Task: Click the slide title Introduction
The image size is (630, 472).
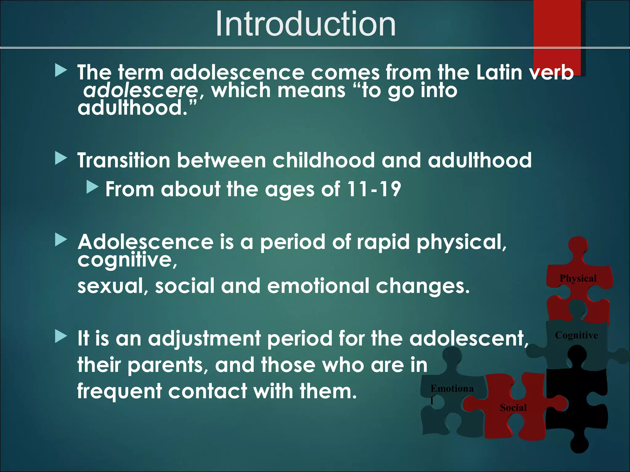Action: pyautogui.click(x=305, y=24)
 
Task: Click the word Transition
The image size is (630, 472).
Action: pyautogui.click(x=124, y=160)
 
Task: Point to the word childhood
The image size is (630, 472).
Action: pyautogui.click(x=324, y=160)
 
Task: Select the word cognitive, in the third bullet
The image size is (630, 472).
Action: pyautogui.click(x=127, y=260)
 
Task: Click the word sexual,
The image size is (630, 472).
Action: pyautogui.click(x=113, y=286)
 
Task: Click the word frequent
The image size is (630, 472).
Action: pyautogui.click(x=119, y=391)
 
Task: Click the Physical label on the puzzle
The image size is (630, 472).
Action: pyautogui.click(x=578, y=278)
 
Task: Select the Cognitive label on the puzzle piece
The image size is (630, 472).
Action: pyautogui.click(x=576, y=335)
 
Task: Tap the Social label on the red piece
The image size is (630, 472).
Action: pyautogui.click(x=513, y=408)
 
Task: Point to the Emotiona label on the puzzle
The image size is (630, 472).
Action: pyautogui.click(x=452, y=389)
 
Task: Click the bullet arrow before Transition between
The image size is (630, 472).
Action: pyautogui.click(x=61, y=159)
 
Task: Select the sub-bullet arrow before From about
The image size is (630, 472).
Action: pyautogui.click(x=92, y=187)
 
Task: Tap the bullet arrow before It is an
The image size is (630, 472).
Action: pyautogui.click(x=61, y=336)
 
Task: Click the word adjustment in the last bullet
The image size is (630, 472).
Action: pyautogui.click(x=204, y=339)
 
